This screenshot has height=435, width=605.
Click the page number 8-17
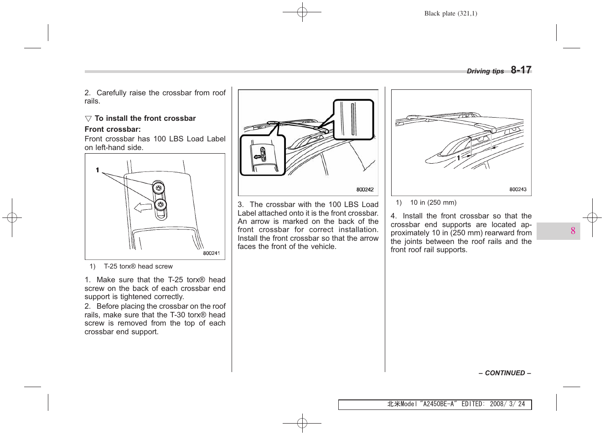click(521, 70)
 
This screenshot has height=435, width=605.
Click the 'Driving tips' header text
click(485, 71)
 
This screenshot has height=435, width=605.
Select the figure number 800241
click(211, 253)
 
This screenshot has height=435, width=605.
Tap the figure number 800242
click(365, 190)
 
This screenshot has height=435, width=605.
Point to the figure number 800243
click(517, 189)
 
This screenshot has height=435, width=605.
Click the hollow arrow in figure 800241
click(143, 207)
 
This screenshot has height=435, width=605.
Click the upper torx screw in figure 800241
click(159, 188)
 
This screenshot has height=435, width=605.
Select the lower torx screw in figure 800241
click(160, 205)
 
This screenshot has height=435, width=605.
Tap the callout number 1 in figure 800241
click(97, 170)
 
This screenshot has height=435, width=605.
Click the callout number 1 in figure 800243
click(459, 158)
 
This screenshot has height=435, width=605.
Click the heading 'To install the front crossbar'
click(145, 119)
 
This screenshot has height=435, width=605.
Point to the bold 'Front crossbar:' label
click(113, 129)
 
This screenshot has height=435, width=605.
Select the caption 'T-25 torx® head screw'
click(138, 266)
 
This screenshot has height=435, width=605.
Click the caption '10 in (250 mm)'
click(433, 202)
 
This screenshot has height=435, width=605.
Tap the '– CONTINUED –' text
click(505, 373)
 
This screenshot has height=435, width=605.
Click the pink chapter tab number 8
click(573, 231)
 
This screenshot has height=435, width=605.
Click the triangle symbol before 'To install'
click(88, 119)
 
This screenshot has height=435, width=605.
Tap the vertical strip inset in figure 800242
click(353, 119)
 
